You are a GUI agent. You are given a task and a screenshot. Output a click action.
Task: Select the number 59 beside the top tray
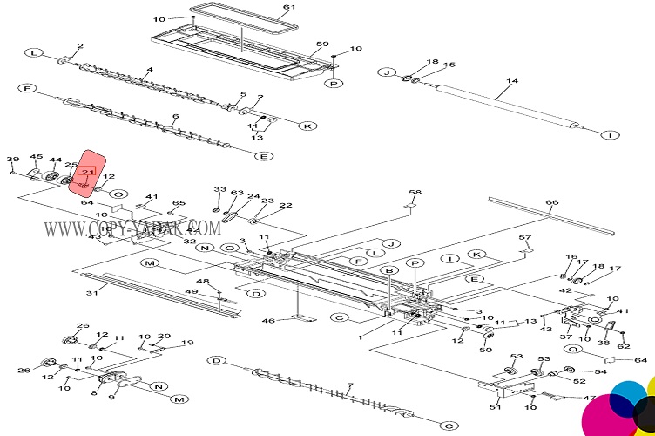321,44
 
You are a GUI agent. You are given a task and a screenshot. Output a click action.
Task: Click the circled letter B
390,272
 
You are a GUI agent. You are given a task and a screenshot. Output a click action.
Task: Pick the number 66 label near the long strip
551,203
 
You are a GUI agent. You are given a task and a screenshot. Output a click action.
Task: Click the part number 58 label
415,192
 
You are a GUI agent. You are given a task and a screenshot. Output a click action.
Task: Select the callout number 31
91,293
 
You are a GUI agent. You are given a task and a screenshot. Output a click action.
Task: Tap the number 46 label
268,322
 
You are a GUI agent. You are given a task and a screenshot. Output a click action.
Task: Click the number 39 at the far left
12,159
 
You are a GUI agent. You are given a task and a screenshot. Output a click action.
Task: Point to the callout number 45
36,157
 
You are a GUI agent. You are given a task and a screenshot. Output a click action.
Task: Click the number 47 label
590,398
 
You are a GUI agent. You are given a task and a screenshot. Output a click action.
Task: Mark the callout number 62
623,347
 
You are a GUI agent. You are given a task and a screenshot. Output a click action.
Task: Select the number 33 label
219,190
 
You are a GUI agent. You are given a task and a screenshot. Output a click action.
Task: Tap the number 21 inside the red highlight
87,174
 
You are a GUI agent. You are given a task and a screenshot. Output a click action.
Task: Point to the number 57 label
524,238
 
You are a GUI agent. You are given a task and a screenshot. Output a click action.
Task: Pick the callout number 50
486,351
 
